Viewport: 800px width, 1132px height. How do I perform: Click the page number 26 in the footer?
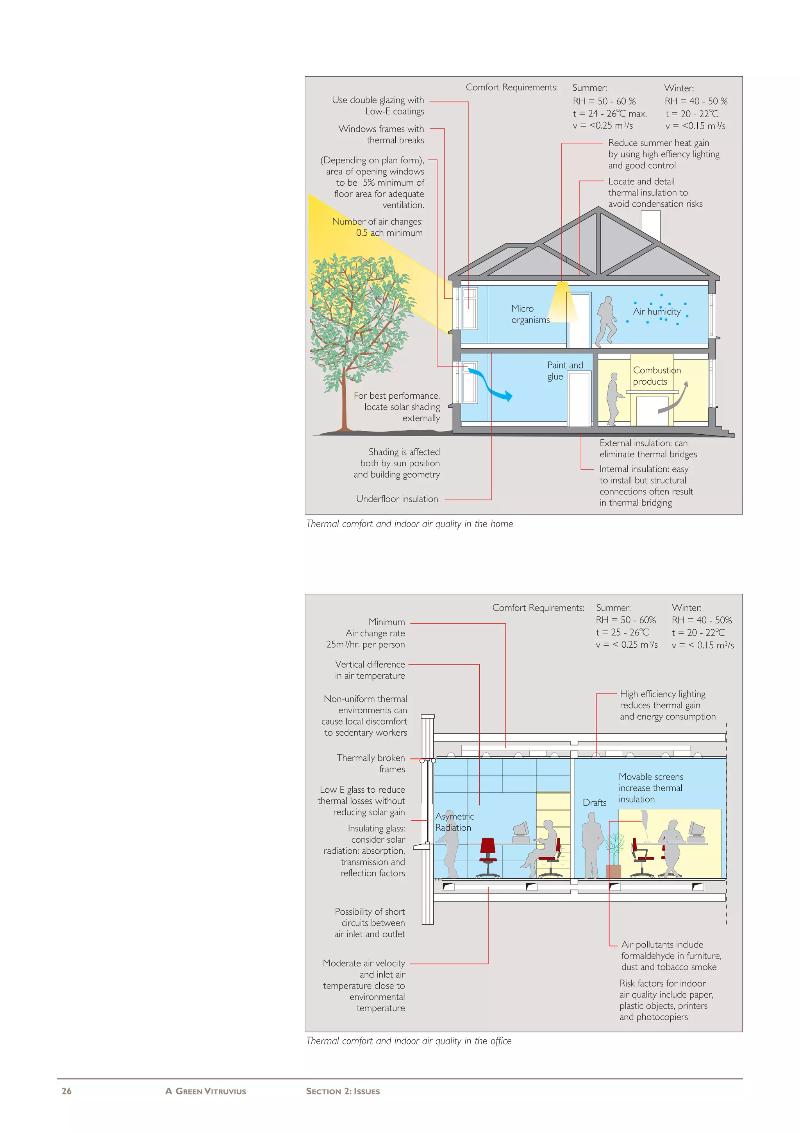[x=66, y=1091]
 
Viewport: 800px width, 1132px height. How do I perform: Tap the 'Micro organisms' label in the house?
[x=530, y=314]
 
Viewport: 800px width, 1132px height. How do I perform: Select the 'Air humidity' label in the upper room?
[x=657, y=312]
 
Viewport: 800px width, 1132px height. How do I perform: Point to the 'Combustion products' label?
[x=657, y=376]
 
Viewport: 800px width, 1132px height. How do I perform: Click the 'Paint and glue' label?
[x=564, y=370]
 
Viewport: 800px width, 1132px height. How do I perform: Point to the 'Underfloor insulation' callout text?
[x=397, y=499]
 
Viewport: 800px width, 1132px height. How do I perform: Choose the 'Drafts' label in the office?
[x=595, y=802]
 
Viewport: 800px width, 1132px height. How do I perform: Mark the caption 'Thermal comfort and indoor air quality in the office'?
[x=409, y=1041]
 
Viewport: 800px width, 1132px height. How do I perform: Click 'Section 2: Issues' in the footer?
[x=343, y=1091]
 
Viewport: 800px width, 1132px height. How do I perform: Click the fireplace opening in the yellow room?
[x=652, y=410]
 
